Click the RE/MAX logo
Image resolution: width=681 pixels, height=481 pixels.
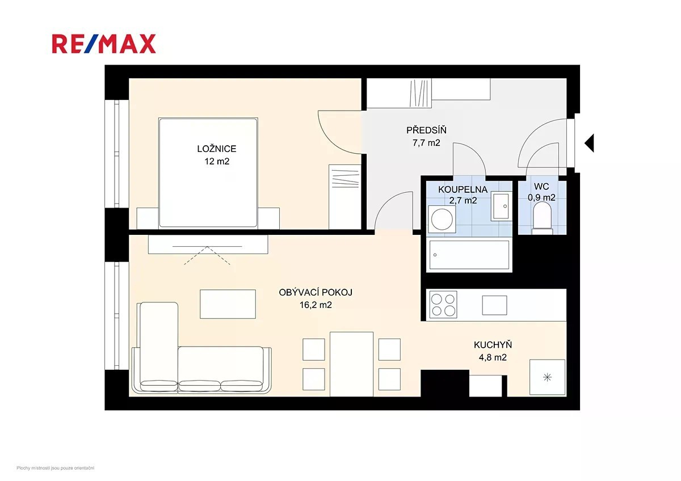tap(104, 44)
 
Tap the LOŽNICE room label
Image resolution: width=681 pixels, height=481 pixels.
tap(216, 149)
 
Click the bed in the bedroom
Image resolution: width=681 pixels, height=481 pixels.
tap(208, 172)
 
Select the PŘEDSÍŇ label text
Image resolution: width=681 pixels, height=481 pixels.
tap(426, 130)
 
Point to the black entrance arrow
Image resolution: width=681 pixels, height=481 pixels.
tap(590, 143)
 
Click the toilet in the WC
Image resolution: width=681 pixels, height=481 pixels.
tap(542, 218)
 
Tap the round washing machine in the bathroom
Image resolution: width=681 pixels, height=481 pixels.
tap(442, 220)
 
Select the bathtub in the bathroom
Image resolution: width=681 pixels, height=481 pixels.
tap(469, 255)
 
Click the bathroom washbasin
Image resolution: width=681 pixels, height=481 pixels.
tap(501, 206)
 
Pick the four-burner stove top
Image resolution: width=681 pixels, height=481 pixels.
tap(443, 305)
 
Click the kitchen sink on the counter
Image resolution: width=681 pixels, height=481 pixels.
tap(494, 305)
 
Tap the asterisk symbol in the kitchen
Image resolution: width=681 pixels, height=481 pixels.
tap(547, 377)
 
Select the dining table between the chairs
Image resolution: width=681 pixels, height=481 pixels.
tap(351, 364)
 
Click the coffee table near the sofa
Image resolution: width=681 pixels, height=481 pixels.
tap(228, 304)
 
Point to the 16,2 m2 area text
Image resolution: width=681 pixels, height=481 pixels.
tap(316, 305)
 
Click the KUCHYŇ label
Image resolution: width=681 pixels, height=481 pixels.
tap(493, 345)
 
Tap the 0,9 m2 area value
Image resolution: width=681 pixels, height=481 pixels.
tap(541, 198)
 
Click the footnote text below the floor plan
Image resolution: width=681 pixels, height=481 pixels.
tap(56, 468)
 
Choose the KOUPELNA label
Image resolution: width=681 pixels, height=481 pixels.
tap(463, 189)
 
